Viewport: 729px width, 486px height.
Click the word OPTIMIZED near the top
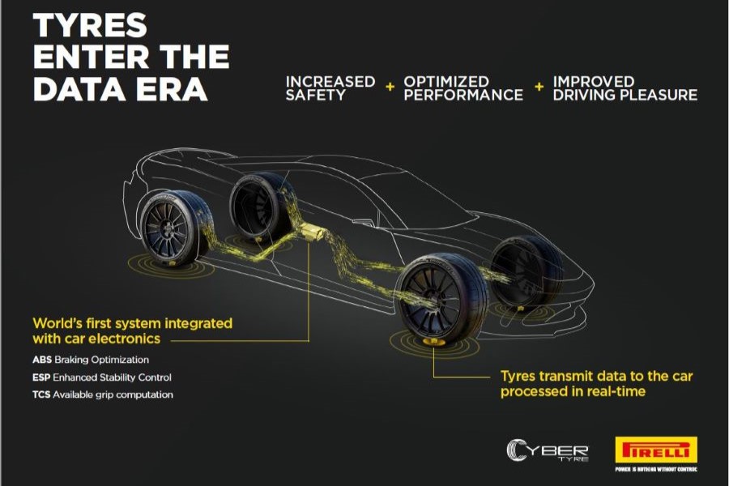[446, 81]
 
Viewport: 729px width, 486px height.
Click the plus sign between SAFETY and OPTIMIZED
[389, 87]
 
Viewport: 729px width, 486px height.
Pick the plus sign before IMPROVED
[539, 87]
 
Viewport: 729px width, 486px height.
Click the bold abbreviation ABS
[43, 360]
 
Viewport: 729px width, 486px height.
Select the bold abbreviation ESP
[43, 377]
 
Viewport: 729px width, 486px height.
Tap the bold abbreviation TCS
[43, 395]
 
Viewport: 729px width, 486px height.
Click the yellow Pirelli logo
[656, 450]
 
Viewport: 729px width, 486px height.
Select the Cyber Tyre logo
[548, 450]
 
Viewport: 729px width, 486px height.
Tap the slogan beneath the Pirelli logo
[656, 469]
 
